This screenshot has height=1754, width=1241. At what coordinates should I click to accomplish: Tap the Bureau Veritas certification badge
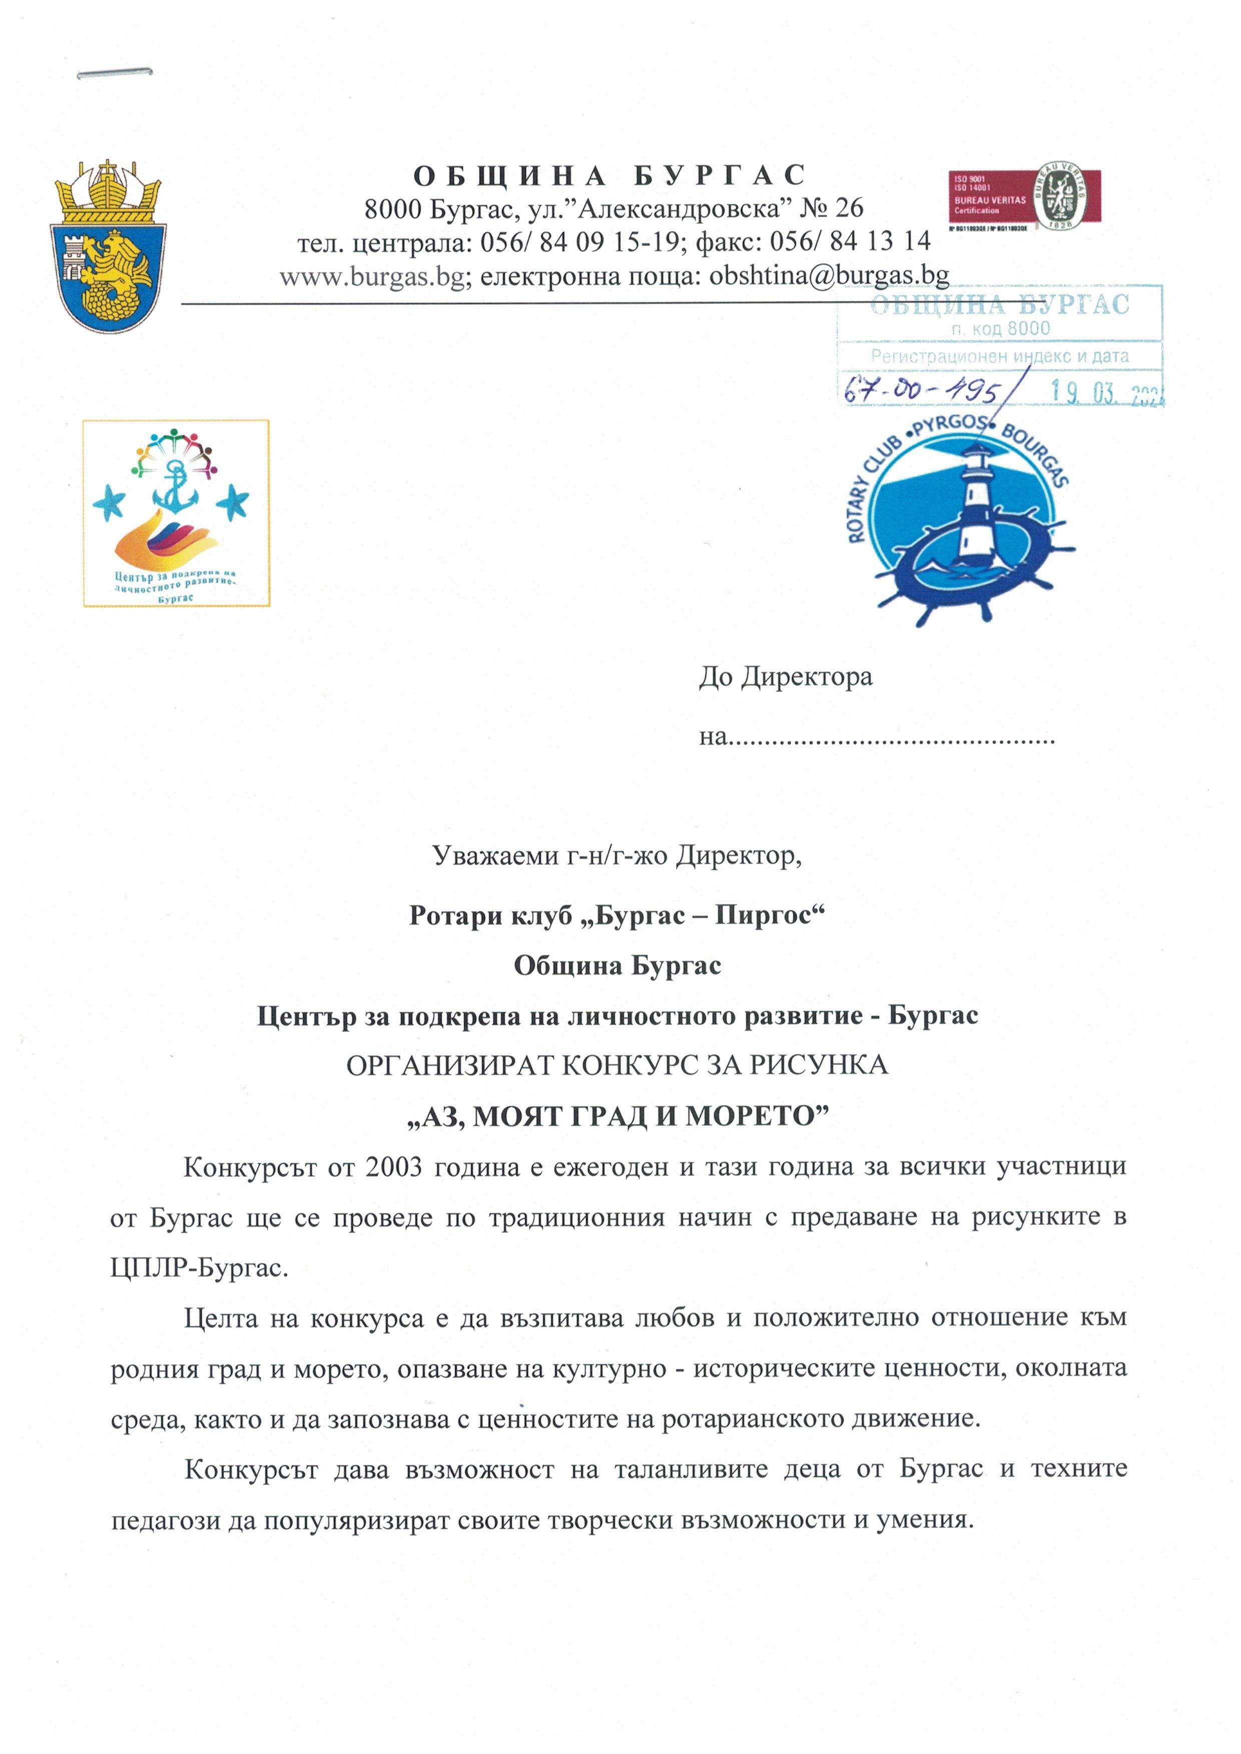tap(1023, 197)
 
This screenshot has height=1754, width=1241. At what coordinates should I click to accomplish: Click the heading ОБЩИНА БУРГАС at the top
tap(609, 176)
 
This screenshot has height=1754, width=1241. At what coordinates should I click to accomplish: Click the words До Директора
tap(785, 677)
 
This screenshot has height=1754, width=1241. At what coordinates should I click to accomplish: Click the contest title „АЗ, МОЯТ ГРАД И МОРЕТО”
tap(617, 1117)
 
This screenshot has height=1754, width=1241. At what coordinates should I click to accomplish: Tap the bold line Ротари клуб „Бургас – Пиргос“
tap(617, 915)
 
